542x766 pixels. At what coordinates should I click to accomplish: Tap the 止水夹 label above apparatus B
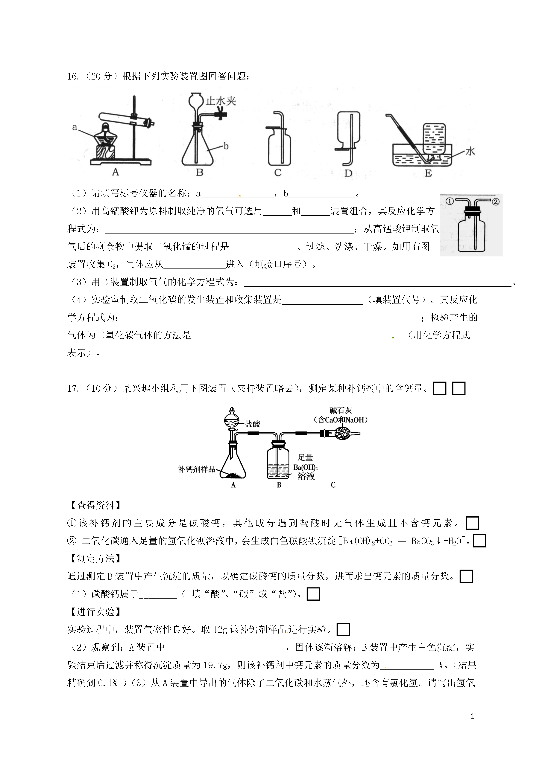pos(221,101)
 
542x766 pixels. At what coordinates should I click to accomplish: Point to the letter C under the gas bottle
pos(278,173)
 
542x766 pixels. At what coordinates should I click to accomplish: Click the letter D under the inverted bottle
pos(348,173)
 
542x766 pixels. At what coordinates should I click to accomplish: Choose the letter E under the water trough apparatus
pos(428,173)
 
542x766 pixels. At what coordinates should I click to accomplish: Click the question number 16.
pos(72,76)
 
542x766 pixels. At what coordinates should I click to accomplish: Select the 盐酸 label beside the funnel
pos(252,424)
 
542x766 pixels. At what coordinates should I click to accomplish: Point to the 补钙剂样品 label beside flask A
pos(197,469)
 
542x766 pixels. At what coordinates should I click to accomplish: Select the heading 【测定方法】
pos(95,559)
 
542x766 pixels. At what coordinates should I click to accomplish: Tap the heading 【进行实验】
pos(95,612)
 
